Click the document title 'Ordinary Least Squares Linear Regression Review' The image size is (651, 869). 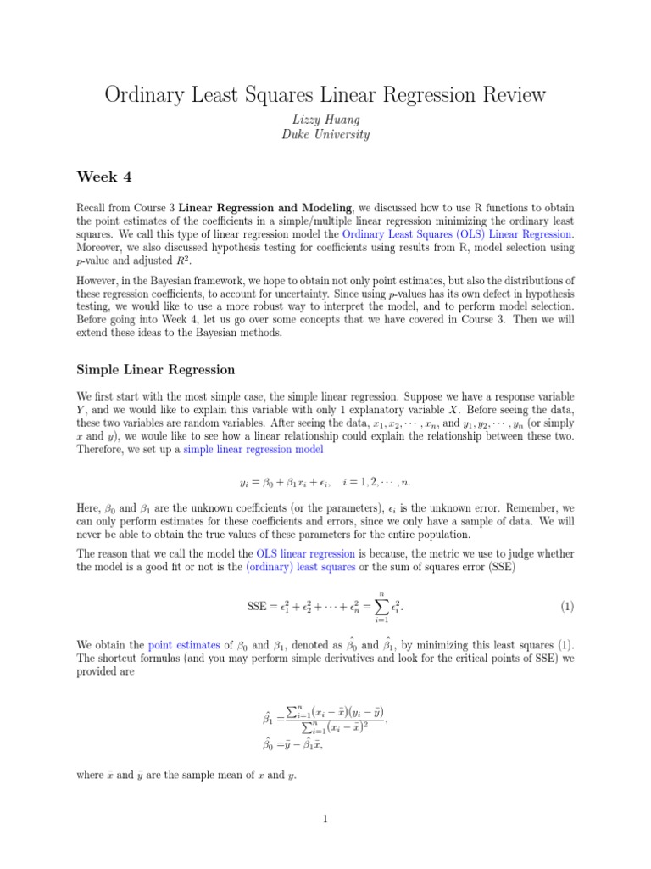tap(325, 94)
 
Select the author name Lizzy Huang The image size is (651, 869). tap(325, 120)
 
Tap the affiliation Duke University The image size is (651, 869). tap(325, 135)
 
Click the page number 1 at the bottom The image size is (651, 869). tap(325, 819)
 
